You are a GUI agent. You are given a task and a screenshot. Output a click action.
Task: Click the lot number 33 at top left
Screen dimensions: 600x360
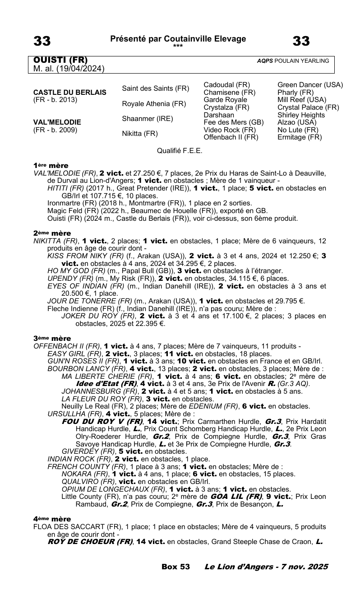pyautogui.click(x=42, y=41)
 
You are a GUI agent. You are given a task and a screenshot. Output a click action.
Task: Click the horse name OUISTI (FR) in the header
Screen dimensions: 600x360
pyautogui.click(x=60, y=60)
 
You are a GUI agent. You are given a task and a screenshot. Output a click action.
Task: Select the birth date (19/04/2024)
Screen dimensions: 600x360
pyautogui.click(x=79, y=69)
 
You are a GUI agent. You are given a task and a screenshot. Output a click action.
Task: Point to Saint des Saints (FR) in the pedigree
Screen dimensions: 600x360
pyautogui.click(x=156, y=88)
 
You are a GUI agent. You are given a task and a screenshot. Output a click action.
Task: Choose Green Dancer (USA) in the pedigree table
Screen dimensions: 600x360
pyautogui.click(x=310, y=85)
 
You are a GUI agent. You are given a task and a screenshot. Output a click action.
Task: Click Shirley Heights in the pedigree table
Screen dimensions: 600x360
pyautogui.click(x=301, y=115)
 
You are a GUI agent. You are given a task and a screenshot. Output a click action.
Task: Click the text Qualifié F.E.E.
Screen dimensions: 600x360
pyautogui.click(x=180, y=150)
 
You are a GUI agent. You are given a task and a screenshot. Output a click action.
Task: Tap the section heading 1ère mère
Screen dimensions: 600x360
pyautogui.click(x=51, y=166)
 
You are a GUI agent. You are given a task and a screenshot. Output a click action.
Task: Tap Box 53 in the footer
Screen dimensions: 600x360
pyautogui.click(x=175, y=567)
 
